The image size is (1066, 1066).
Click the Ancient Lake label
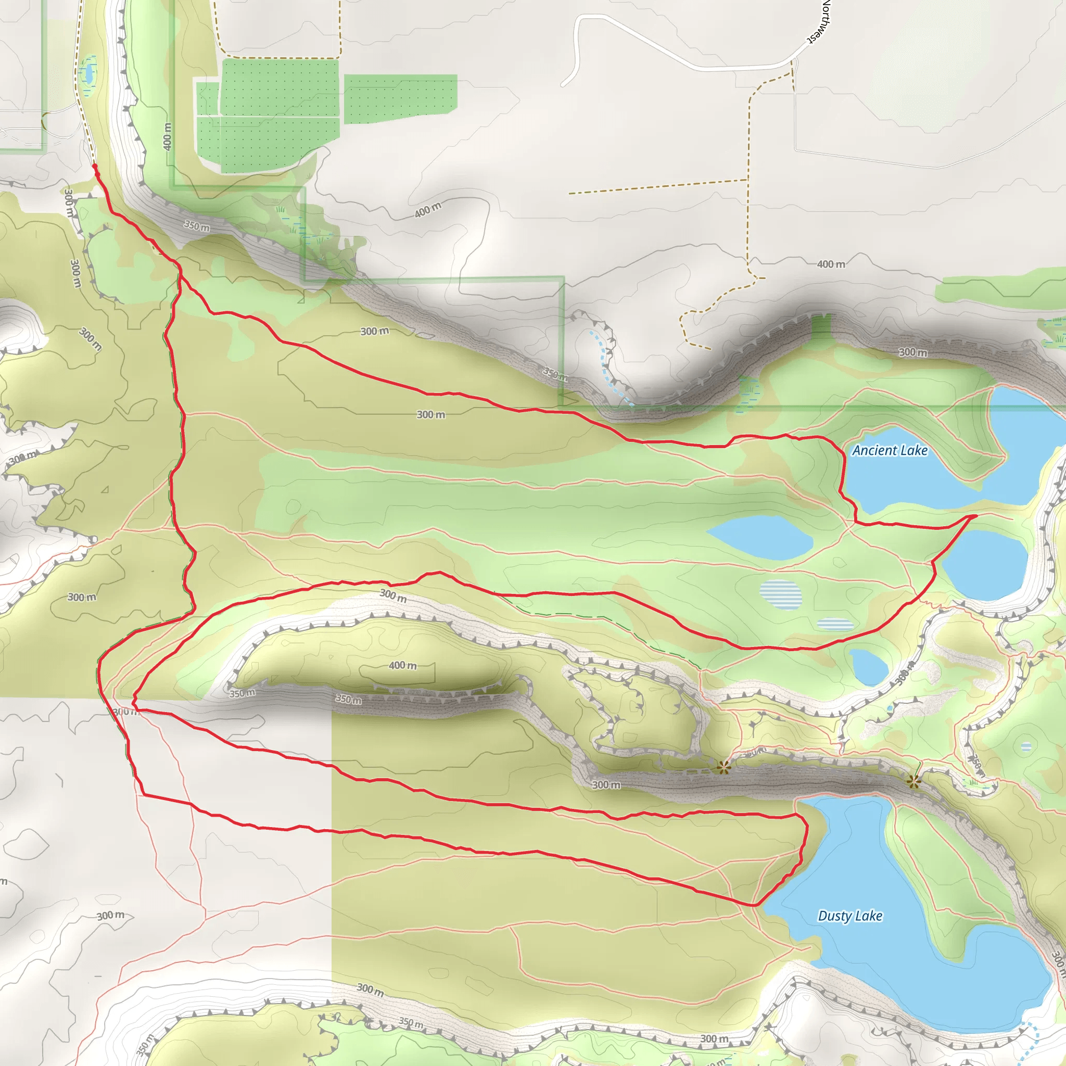click(890, 450)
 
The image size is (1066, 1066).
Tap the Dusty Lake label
click(849, 916)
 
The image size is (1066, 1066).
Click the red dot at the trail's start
click(95, 166)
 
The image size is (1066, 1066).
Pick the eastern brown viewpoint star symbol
click(913, 781)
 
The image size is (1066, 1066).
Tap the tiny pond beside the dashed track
click(88, 72)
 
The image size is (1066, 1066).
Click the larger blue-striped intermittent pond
click(780, 594)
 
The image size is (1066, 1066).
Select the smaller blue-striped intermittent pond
click(835, 624)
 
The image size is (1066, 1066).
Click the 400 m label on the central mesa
click(403, 665)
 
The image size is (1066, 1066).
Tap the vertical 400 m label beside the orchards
click(167, 136)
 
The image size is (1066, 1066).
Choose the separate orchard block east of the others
click(401, 98)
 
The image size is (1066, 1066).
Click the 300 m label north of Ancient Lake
click(912, 352)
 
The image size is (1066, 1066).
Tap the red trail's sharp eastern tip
click(975, 516)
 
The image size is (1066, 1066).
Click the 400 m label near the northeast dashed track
click(831, 264)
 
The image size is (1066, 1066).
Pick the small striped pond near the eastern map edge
click(1026, 746)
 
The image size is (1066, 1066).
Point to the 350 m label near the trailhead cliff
click(196, 226)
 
